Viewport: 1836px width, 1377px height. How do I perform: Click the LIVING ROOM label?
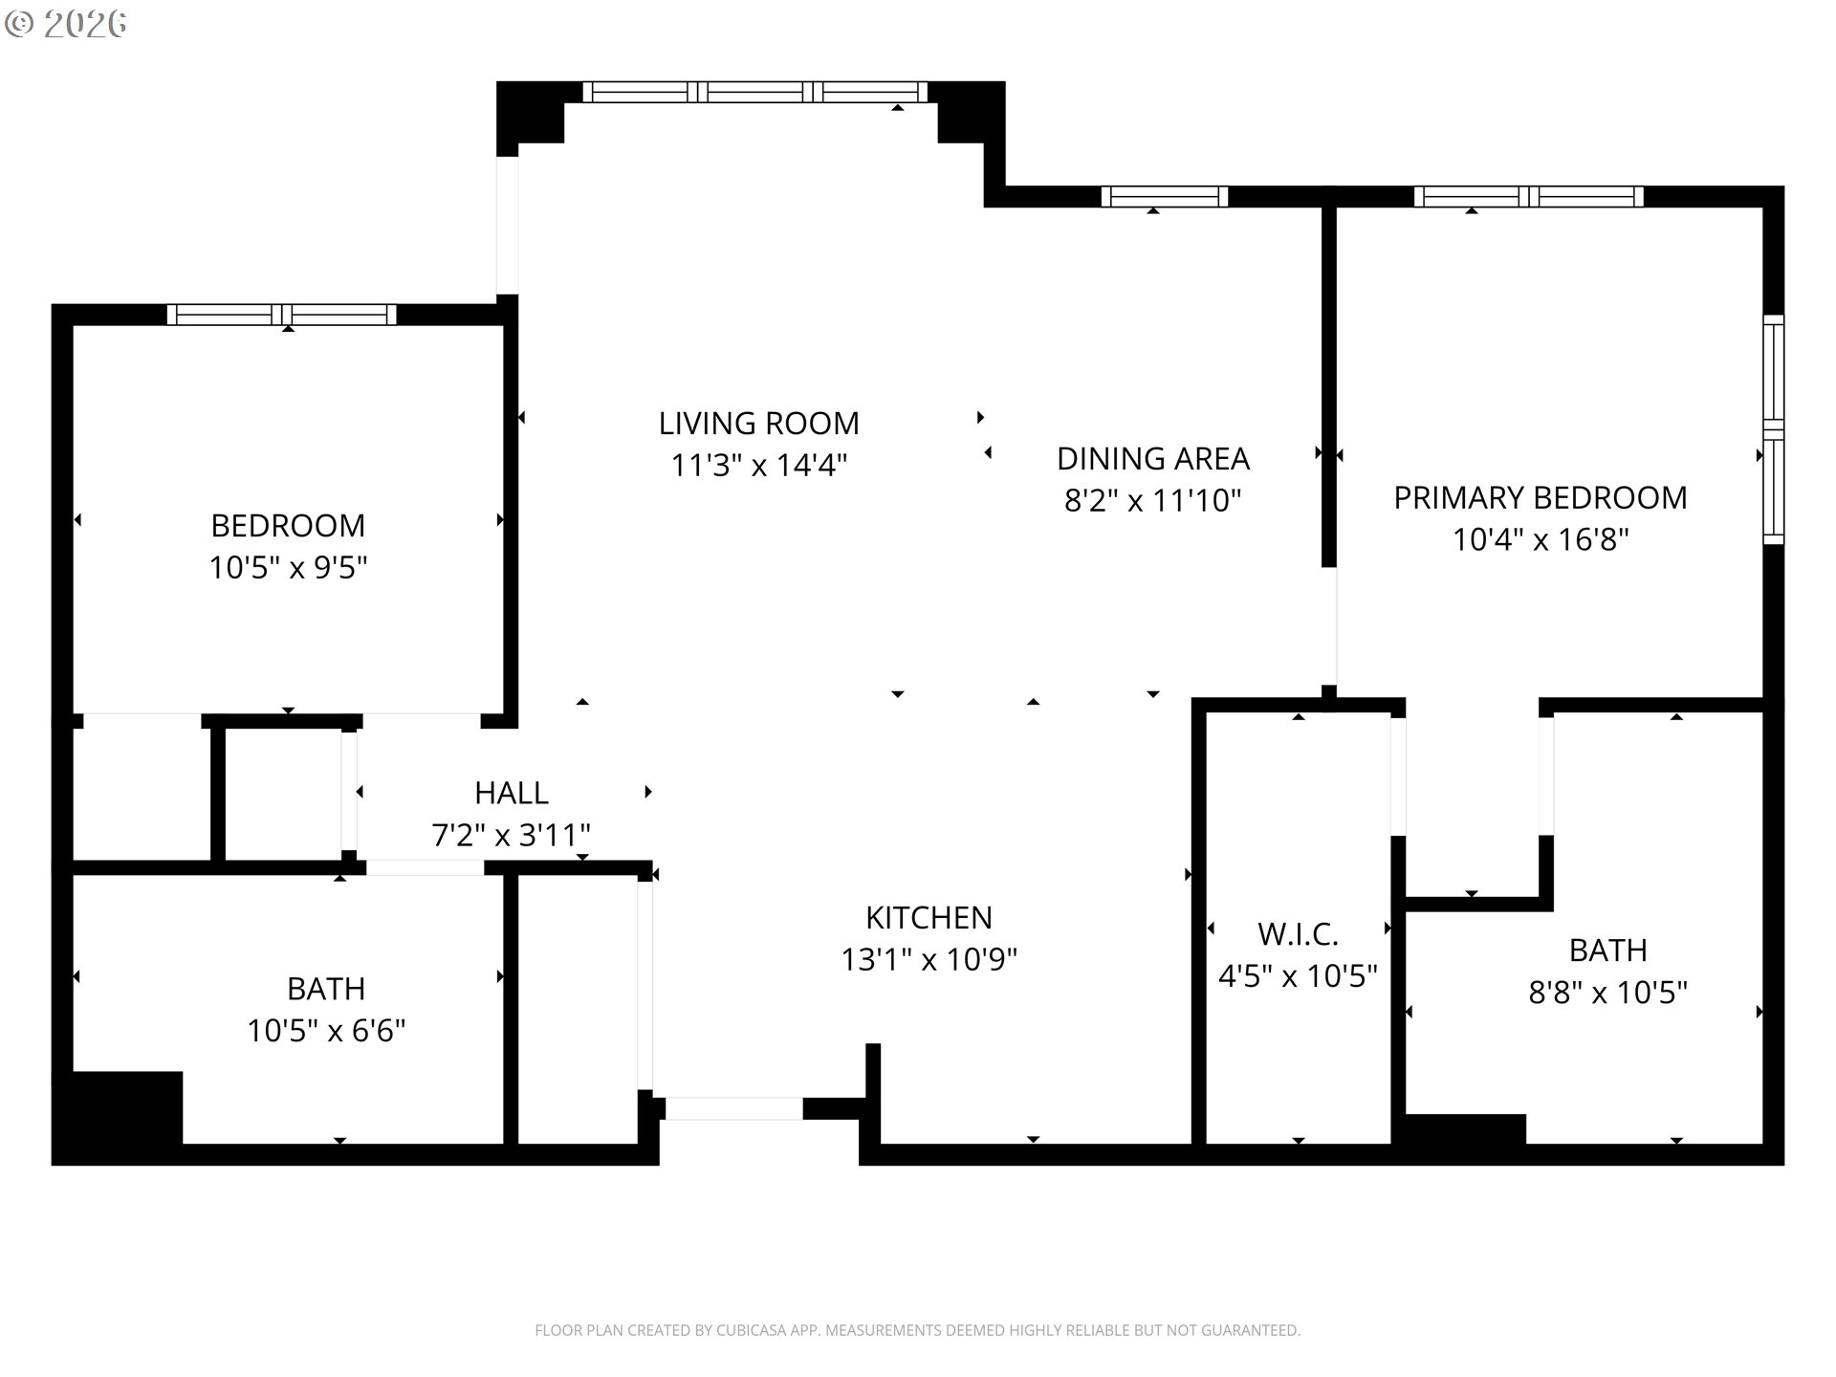758,423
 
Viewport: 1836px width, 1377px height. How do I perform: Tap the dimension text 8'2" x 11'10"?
1152,500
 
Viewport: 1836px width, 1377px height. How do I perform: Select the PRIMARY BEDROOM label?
1540,497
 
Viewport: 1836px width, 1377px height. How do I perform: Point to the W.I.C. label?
1298,933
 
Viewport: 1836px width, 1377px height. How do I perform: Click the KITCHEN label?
929,917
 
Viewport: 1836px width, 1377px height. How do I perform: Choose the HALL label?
511,793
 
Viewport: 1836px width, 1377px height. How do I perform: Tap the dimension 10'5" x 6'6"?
326,1031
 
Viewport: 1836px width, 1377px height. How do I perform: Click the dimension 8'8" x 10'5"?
1607,993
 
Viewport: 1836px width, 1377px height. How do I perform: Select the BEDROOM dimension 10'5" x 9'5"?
288,568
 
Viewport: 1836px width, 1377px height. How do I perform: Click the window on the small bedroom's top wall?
282,315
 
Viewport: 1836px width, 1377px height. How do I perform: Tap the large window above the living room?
754,92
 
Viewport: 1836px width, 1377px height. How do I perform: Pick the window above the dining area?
1164,197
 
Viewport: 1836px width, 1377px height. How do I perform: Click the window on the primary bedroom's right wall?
1773,429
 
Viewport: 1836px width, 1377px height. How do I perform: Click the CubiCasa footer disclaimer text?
917,1330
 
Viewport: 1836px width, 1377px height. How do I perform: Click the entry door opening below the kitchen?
733,1108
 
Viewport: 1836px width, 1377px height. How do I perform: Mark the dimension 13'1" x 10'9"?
929,959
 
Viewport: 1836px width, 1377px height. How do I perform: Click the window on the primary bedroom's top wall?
1528,197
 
